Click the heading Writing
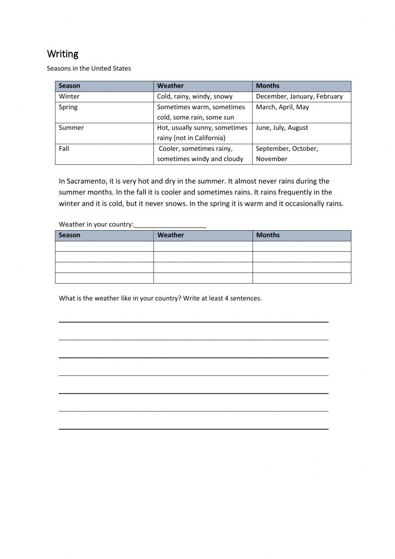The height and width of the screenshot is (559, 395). pos(62,54)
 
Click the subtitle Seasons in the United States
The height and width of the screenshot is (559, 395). pos(89,68)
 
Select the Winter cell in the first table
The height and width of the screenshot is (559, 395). pos(69,97)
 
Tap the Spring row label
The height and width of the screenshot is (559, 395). pos(68,107)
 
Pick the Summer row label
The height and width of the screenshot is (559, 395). pos(71,128)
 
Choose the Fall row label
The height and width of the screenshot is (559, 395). pos(64,149)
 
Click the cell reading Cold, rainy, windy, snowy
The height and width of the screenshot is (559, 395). pos(195,97)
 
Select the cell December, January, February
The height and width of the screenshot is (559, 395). pos(299,97)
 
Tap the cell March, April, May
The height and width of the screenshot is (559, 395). pos(282,107)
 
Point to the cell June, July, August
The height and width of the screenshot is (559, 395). pos(282,128)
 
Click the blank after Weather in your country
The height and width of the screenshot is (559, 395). pos(170,225)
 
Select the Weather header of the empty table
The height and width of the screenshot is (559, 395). pos(171,235)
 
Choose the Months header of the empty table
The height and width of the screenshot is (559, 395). pos(268,235)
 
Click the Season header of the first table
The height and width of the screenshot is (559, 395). pos(70,86)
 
